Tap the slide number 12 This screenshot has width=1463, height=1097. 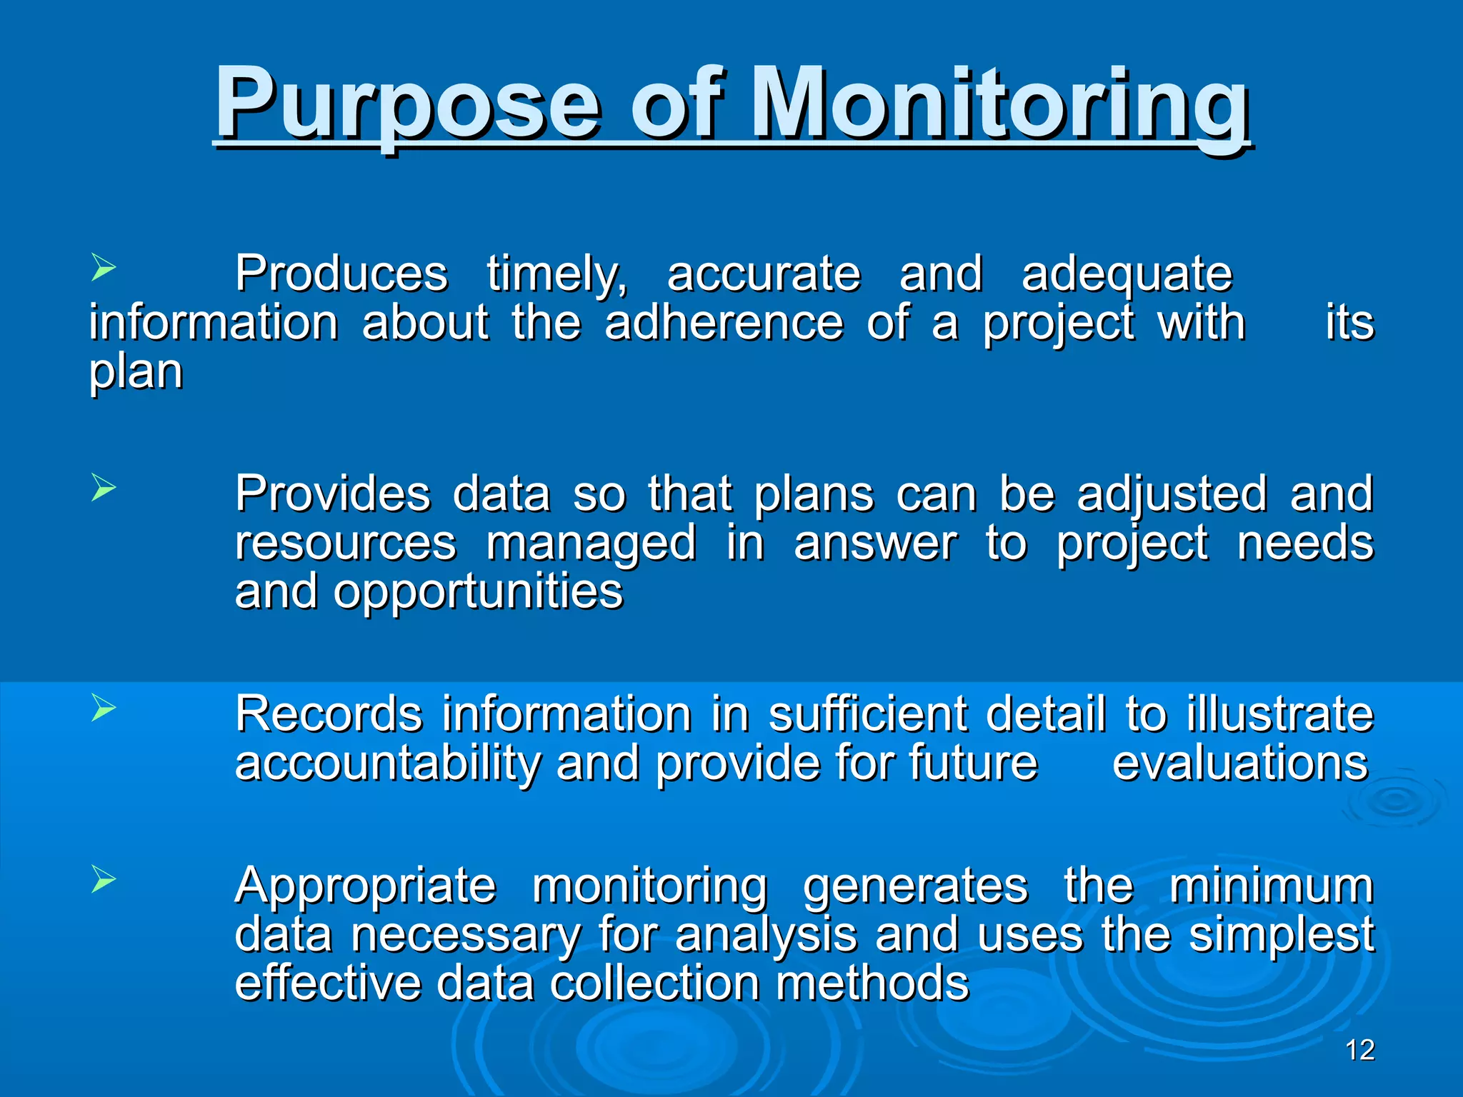click(x=1359, y=1050)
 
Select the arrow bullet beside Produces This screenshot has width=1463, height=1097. click(x=104, y=269)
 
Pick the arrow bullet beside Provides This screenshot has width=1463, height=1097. click(x=104, y=489)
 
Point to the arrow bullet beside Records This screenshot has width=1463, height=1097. click(x=104, y=709)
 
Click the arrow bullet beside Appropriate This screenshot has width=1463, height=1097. click(x=104, y=880)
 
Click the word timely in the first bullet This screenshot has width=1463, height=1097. click(x=557, y=275)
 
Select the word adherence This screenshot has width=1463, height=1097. click(x=724, y=323)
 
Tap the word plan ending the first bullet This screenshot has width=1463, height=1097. click(x=136, y=373)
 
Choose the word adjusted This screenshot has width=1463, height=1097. click(x=1172, y=494)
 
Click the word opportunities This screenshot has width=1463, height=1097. click(x=479, y=593)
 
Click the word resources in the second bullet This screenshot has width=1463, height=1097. click(x=346, y=544)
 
